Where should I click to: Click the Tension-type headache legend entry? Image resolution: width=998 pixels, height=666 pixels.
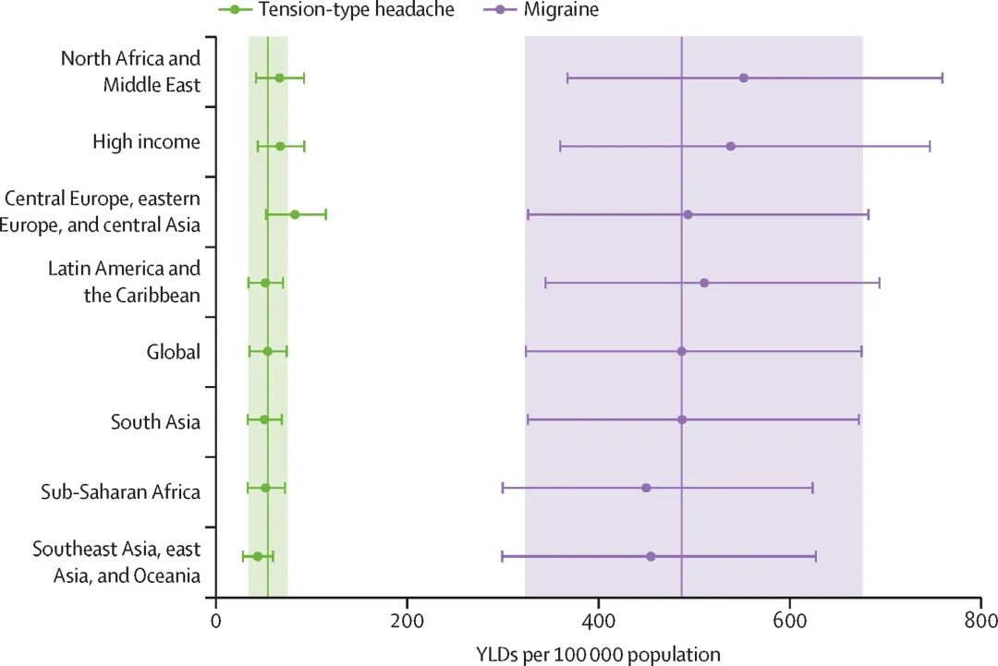(336, 10)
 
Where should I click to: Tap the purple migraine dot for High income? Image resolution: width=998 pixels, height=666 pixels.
(731, 146)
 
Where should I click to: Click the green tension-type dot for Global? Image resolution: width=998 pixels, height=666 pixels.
(268, 351)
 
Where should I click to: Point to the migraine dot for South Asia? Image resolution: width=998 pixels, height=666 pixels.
(682, 419)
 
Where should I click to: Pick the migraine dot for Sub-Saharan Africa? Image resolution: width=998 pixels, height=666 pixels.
(646, 488)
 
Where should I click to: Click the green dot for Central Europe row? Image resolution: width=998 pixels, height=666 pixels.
(295, 214)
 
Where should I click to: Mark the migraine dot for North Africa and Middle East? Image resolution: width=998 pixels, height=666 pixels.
(744, 78)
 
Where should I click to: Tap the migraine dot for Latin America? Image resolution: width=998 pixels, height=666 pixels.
(704, 283)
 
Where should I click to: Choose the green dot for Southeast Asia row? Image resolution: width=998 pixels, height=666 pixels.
(258, 556)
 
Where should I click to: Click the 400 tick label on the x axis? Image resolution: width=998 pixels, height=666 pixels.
(599, 622)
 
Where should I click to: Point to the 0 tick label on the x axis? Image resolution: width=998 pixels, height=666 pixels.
(216, 622)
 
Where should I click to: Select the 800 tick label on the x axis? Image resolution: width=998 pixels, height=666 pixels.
(980, 622)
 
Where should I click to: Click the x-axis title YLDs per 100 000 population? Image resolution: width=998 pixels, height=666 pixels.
(598, 653)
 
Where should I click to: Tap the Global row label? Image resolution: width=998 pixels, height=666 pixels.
(173, 352)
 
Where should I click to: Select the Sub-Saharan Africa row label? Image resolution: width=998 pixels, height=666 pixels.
(120, 491)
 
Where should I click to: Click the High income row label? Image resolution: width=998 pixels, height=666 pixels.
(146, 142)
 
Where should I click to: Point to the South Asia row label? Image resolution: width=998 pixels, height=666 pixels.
(155, 423)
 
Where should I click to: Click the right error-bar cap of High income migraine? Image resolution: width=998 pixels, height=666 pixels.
(930, 146)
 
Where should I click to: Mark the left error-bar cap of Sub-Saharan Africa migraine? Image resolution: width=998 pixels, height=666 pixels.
(503, 488)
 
